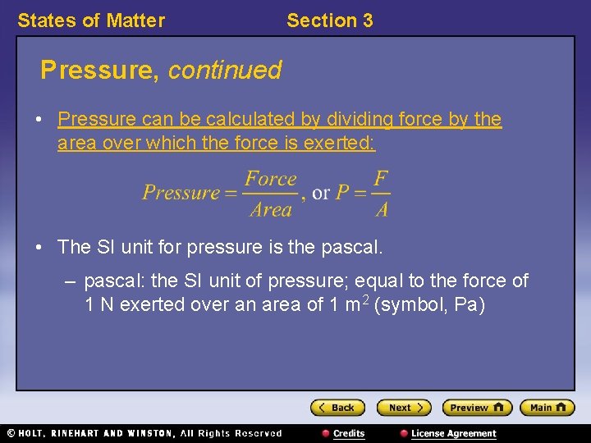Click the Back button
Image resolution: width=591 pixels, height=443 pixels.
click(x=337, y=408)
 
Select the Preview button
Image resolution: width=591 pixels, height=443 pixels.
click(x=476, y=408)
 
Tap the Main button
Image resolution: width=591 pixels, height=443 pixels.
click(x=547, y=408)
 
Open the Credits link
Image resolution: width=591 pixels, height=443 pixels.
click(x=348, y=433)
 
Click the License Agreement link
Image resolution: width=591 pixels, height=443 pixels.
click(x=452, y=433)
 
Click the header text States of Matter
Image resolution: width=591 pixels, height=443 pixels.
click(x=91, y=21)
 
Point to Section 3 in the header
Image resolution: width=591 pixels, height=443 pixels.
click(x=329, y=21)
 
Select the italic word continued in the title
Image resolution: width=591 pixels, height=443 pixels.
click(x=225, y=71)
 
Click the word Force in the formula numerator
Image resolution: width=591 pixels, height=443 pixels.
click(x=271, y=179)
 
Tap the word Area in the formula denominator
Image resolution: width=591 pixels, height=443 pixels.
click(x=271, y=210)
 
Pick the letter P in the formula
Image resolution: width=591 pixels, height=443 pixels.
click(x=342, y=194)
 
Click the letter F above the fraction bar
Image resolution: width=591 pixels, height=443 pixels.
click(x=381, y=179)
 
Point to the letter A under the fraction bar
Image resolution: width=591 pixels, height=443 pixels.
click(x=382, y=210)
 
